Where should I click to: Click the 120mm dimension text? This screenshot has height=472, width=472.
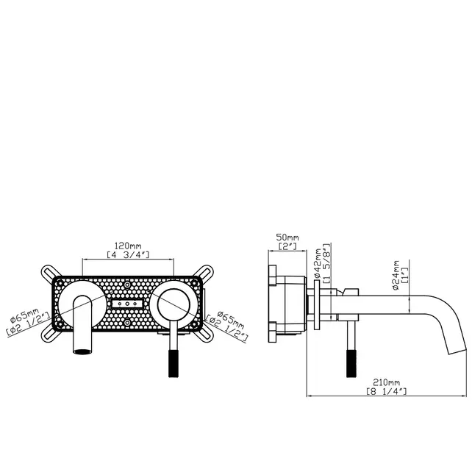click(x=129, y=245)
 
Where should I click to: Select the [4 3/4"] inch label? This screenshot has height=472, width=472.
click(x=129, y=255)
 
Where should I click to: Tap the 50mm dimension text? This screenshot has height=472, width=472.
click(x=287, y=237)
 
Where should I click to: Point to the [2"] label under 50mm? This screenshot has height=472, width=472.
click(x=287, y=246)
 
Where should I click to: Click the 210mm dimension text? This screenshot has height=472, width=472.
click(x=385, y=383)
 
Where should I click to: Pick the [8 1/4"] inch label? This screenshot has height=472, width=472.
click(x=385, y=393)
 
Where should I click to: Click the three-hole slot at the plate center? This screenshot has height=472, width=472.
click(x=128, y=304)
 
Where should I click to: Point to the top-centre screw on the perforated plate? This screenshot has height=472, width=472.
click(x=128, y=282)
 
